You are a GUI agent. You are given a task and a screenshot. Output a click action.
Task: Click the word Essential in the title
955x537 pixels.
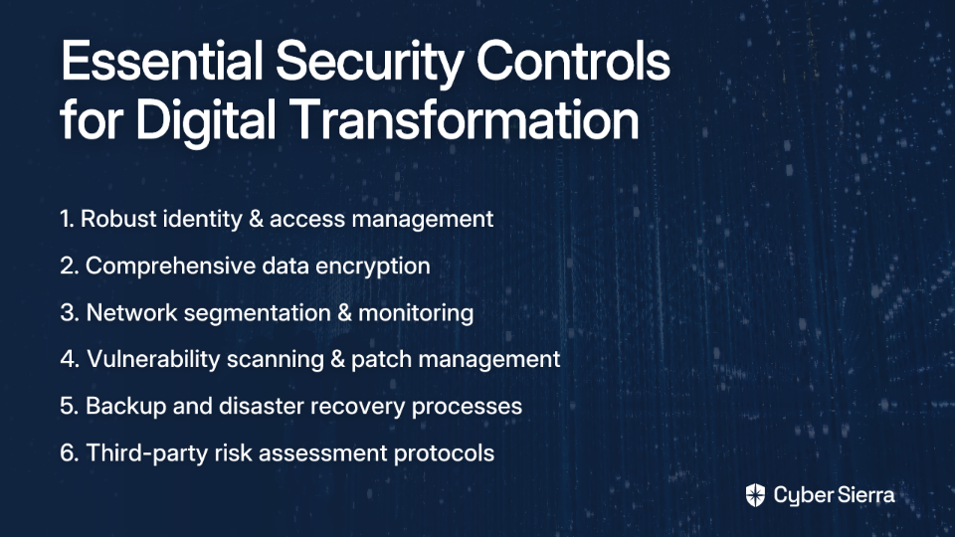162,61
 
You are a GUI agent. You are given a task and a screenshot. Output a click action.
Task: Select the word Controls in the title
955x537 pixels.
573,61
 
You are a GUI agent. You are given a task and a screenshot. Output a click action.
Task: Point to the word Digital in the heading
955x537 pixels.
205,121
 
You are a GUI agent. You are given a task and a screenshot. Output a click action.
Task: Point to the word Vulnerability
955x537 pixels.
153,360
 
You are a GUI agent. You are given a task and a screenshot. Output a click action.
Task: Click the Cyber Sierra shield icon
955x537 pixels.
755,495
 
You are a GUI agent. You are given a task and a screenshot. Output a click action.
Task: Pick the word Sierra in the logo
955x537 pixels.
864,495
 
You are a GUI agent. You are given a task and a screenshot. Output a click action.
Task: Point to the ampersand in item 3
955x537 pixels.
344,313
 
